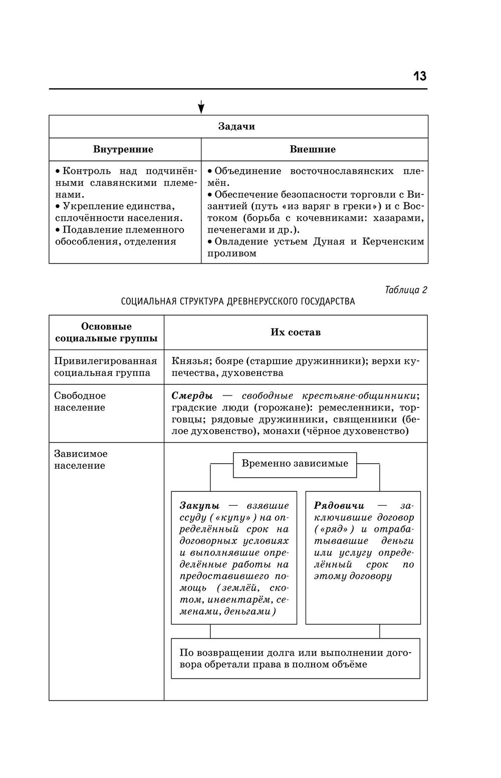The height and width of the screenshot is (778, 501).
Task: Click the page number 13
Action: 419,76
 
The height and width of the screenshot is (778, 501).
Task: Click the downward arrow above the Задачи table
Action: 201,107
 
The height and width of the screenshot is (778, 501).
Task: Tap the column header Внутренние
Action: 123,149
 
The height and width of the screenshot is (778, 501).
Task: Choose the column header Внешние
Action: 313,149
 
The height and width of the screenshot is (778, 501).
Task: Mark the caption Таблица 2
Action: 406,290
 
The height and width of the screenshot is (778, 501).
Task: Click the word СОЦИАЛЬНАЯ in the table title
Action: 148,302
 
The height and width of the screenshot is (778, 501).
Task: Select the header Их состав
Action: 296,332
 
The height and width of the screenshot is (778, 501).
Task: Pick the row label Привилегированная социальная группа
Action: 105,367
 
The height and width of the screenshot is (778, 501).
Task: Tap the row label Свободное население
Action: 80,402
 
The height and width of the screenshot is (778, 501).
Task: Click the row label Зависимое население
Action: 80,460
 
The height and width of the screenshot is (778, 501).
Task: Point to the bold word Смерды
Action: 192,396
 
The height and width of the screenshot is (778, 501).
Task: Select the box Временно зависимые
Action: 295,464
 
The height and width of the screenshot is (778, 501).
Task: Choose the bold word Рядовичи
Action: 339,506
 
